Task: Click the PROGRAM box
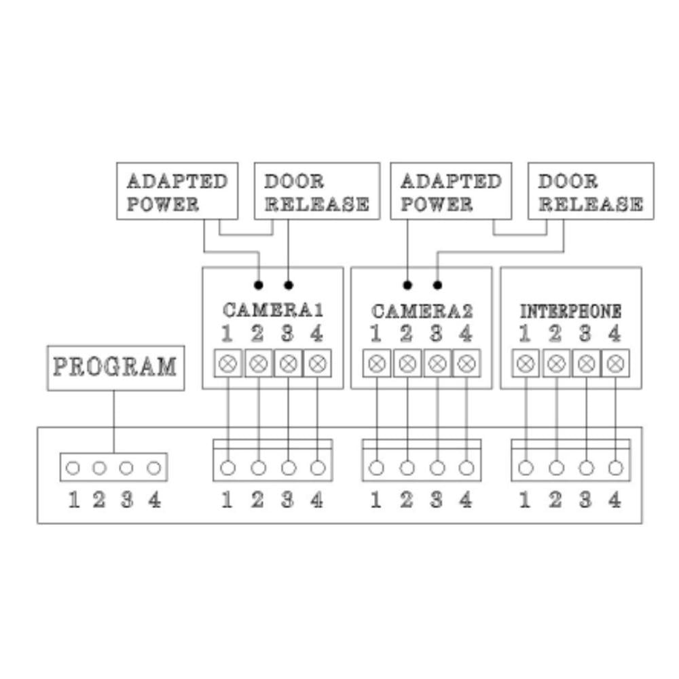115,368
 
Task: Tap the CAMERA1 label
272,310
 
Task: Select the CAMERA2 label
422,311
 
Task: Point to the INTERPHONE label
570,312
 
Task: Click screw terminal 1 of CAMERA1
228,363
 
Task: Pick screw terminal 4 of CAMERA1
316,363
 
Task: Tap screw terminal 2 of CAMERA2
407,363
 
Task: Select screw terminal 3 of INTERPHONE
585,363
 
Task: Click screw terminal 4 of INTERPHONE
615,363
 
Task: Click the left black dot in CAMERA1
258,285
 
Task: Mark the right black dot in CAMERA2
437,285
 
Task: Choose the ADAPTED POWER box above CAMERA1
177,191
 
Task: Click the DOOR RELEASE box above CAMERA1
316,191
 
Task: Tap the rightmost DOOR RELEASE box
591,191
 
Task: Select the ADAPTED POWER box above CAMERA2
451,191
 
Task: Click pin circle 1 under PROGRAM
74,468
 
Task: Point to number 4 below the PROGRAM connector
155,500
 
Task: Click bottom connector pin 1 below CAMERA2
377,468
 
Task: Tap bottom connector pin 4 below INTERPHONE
615,468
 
